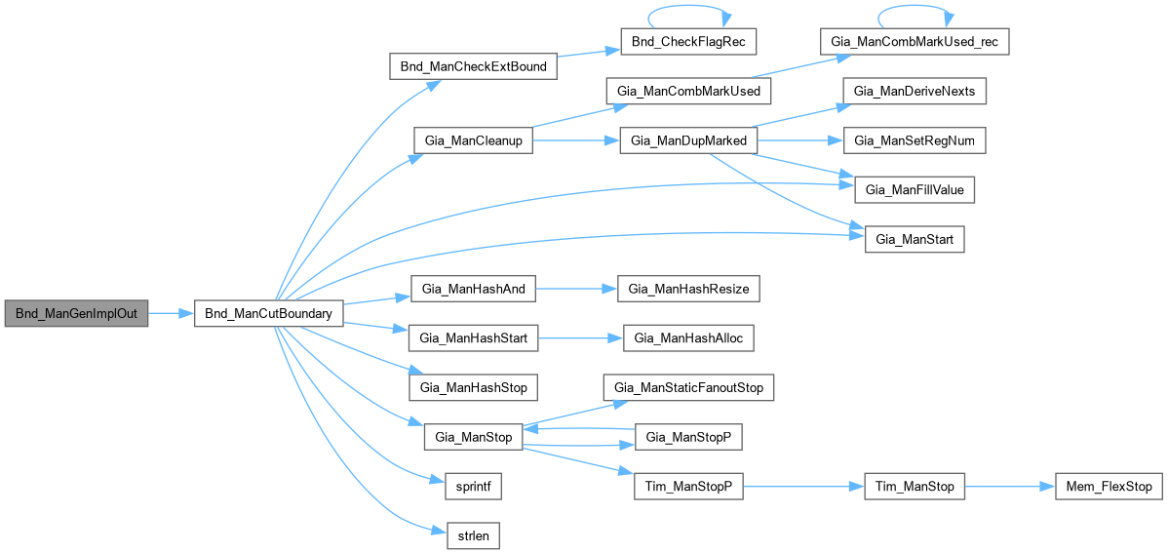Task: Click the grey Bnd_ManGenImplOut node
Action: point(76,313)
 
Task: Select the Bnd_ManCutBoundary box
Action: point(269,313)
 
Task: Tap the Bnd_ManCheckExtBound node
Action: point(473,66)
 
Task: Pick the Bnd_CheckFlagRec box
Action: point(687,42)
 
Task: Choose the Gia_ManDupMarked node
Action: point(688,140)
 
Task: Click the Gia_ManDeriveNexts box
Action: point(915,91)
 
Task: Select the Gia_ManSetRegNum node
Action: point(915,140)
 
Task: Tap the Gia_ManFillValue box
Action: point(915,189)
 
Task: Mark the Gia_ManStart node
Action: point(915,239)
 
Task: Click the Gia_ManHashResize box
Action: point(688,289)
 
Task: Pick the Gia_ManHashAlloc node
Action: point(688,337)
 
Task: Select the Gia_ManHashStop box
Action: point(473,387)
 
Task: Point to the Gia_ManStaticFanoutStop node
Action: point(688,387)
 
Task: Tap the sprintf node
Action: point(473,486)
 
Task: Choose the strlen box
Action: point(473,534)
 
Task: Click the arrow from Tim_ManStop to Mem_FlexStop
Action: point(1009,486)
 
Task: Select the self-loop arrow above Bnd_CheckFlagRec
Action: point(687,13)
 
